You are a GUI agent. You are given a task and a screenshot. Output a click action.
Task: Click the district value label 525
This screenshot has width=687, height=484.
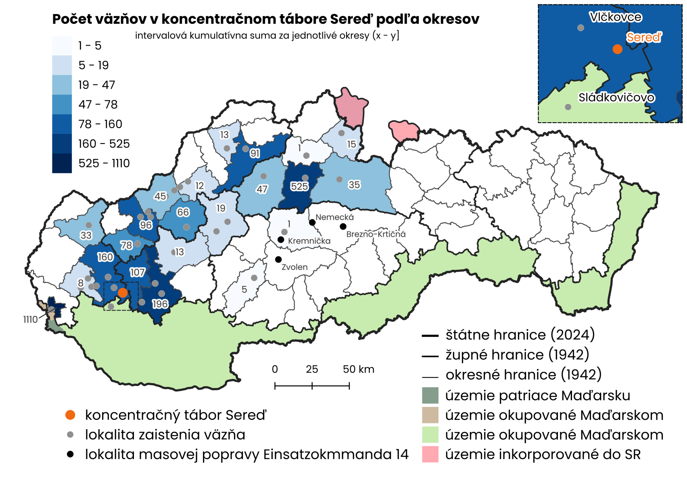coord(299,186)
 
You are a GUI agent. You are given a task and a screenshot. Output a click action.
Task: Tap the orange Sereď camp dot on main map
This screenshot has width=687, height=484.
coord(123,293)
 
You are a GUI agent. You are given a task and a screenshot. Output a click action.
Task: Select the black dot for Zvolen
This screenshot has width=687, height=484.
coord(278,259)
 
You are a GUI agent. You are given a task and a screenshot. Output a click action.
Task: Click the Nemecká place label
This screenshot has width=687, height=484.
coord(334,217)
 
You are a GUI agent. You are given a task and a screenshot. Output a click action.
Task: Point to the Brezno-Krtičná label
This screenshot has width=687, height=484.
coord(376,234)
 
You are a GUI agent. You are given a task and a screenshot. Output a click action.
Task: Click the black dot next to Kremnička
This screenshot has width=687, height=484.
coord(281,240)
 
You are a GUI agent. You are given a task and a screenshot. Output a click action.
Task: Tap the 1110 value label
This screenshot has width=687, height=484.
coord(30,319)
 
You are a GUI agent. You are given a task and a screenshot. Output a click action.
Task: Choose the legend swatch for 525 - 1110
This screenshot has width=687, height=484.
coord(62,163)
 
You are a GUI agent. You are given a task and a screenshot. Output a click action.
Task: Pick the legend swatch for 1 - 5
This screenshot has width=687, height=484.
coord(62,46)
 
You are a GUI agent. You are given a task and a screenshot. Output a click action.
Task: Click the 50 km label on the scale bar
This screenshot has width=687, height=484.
coord(358,369)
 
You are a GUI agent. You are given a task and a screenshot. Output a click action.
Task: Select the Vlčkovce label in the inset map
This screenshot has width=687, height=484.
coord(615,17)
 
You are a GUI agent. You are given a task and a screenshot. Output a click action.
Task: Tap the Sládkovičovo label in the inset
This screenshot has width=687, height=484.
coord(616,98)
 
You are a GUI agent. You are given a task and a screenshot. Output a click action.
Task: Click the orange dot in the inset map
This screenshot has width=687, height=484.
coord(617,49)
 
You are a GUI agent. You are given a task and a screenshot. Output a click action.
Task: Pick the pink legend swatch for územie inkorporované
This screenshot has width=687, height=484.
coord(430,454)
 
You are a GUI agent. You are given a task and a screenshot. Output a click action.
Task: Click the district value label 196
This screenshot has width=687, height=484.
coord(160,304)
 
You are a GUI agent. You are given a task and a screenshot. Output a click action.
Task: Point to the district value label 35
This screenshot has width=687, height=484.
coord(354,185)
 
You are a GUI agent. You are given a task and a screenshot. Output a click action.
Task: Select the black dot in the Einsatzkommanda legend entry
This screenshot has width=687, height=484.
coord(70,454)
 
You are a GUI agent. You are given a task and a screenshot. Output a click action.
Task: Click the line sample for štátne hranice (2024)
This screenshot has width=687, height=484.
coord(430,336)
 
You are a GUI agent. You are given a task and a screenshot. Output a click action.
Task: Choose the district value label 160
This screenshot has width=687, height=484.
coord(105,257)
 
